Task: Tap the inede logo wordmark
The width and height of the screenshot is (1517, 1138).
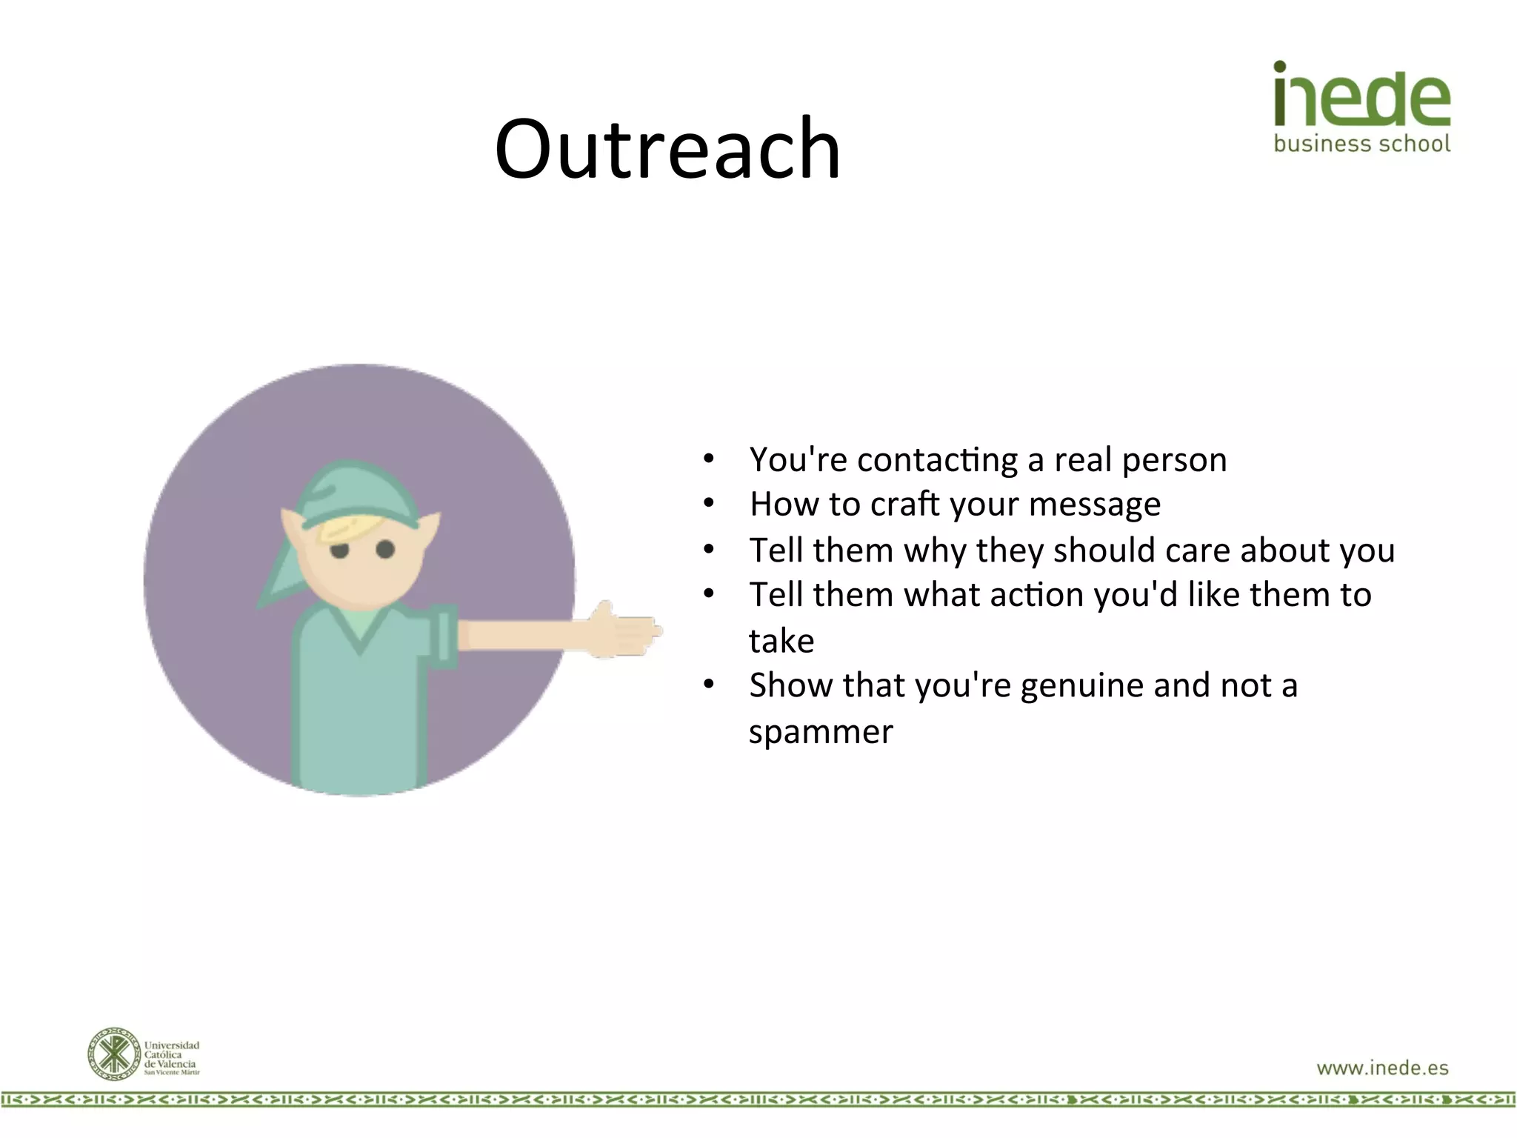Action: tap(1361, 95)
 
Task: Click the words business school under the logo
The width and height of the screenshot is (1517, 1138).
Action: tap(1361, 143)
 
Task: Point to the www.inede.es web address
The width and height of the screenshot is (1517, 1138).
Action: tap(1382, 1068)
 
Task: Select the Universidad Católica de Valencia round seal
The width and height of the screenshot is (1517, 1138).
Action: tap(113, 1054)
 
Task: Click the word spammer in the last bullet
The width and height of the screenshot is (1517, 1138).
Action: tap(821, 732)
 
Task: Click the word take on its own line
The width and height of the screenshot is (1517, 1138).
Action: tap(781, 641)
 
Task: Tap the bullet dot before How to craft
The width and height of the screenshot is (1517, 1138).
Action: tap(709, 504)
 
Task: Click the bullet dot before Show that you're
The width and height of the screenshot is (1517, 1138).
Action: tap(709, 685)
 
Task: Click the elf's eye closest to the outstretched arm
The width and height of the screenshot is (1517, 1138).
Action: tap(385, 549)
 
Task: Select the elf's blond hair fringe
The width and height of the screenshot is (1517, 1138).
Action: tap(348, 528)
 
